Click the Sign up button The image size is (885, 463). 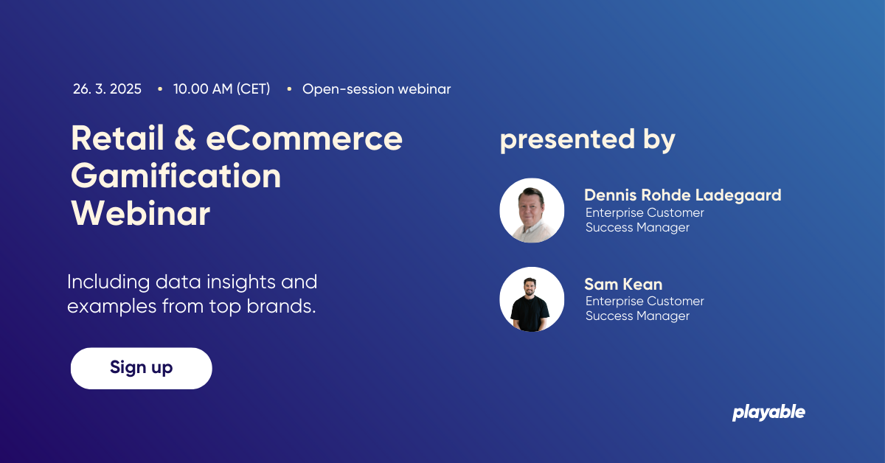141,368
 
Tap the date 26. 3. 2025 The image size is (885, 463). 107,89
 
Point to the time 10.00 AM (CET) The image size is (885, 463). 222,89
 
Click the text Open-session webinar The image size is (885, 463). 377,89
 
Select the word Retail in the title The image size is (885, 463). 117,138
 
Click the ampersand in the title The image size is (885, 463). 185,138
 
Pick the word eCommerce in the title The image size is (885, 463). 304,138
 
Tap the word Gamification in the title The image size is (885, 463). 176,176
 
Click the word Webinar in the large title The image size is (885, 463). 141,213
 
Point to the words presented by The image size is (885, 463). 588,140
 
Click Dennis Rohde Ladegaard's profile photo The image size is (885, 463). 532,210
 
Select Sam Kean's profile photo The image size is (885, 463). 532,299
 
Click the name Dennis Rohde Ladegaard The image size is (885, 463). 683,195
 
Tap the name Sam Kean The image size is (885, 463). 623,284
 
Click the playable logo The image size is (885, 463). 768,412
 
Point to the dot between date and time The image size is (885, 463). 160,89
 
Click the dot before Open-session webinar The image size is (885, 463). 289,89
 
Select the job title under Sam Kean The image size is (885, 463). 645,308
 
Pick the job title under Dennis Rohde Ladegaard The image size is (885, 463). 645,220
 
